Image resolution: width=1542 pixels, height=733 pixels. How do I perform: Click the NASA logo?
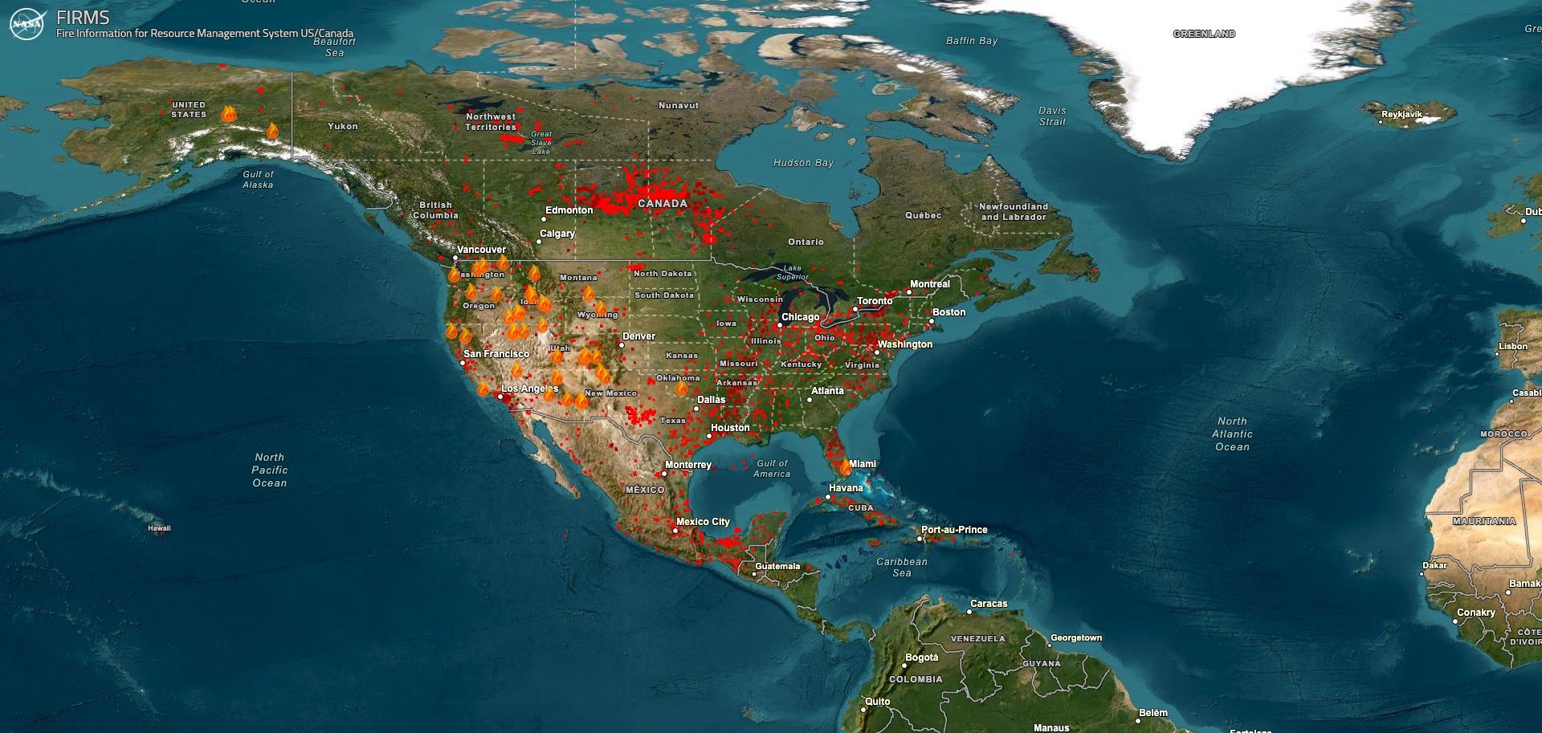(x=27, y=23)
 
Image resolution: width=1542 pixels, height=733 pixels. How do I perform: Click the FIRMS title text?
(x=83, y=17)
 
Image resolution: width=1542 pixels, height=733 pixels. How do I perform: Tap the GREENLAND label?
(x=1204, y=34)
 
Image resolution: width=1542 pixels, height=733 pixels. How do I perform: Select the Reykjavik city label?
(x=1401, y=114)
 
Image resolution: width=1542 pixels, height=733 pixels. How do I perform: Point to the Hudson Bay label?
(x=803, y=163)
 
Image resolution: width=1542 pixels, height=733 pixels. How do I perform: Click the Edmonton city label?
(x=569, y=210)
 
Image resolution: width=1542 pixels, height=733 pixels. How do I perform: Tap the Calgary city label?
(x=557, y=234)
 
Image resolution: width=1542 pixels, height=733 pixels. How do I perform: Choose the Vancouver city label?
(x=481, y=250)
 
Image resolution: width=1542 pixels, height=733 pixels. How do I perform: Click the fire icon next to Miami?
(x=845, y=467)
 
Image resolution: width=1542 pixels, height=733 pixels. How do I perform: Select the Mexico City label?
(x=703, y=522)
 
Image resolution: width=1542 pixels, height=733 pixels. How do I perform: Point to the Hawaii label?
(x=159, y=528)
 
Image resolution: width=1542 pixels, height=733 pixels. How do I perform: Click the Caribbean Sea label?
(x=902, y=567)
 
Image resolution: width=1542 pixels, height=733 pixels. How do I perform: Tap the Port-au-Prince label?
(x=954, y=530)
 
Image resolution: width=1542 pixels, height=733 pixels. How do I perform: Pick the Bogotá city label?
(x=921, y=658)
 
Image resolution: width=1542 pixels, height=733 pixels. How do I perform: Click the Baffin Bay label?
(x=972, y=41)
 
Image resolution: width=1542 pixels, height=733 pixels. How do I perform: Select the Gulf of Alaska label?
(x=258, y=179)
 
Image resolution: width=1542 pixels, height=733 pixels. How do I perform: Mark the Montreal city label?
(x=929, y=284)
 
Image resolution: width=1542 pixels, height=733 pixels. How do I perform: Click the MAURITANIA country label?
(x=1484, y=521)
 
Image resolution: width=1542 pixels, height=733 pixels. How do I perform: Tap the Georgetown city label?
(x=1076, y=638)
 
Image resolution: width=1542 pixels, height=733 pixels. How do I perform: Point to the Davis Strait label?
(x=1052, y=116)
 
